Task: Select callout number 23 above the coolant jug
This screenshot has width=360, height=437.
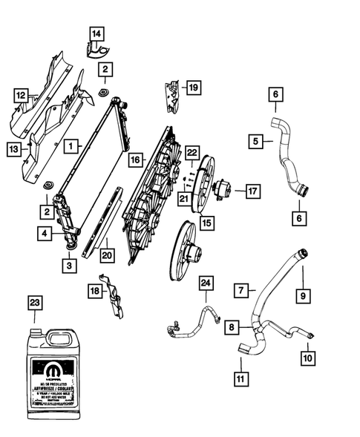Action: point(35,302)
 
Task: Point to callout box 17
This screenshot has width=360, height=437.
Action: point(253,191)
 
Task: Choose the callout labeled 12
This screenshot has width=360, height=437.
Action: point(22,94)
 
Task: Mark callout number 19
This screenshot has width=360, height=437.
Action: point(192,88)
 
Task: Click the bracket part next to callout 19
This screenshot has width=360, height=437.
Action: point(169,97)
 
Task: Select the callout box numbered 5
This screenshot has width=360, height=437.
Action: point(255,139)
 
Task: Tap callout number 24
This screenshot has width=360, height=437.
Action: point(205,283)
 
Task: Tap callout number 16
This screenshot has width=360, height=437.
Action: point(134,159)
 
